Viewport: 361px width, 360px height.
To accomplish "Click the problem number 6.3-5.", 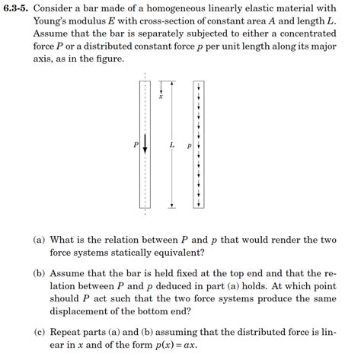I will pos(16,9).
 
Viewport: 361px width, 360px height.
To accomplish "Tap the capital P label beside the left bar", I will pos(136,144).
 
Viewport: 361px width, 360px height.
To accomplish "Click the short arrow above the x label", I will pos(161,87).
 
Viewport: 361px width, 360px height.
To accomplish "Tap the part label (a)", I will pos(39,241).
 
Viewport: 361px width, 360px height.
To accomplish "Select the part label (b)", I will pos(39,273).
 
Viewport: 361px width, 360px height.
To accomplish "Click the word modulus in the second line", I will pos(94,22).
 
